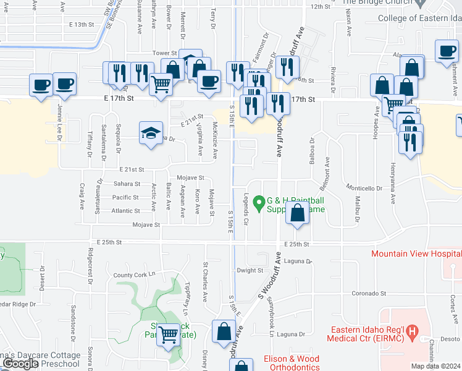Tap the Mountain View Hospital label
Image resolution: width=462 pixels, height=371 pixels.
416,254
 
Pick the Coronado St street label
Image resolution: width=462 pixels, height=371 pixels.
368,294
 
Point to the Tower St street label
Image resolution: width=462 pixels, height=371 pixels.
166,53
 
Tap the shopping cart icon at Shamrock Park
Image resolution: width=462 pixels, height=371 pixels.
169,336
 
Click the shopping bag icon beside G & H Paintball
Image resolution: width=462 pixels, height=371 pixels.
298,214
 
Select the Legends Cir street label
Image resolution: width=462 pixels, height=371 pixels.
246,208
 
